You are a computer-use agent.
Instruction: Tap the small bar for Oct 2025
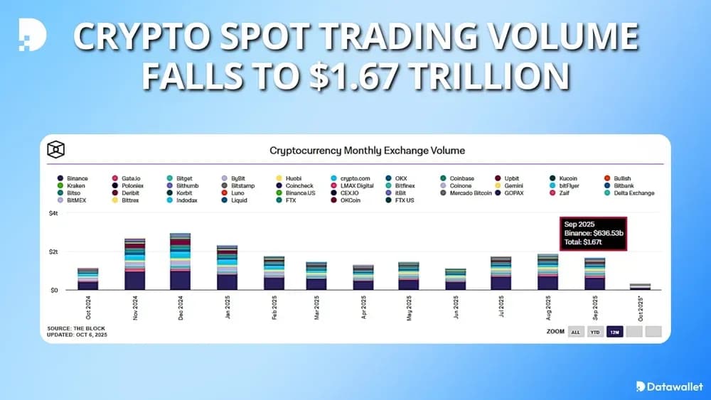pyautogui.click(x=640, y=286)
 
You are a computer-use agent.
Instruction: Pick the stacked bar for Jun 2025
pyautogui.click(x=456, y=279)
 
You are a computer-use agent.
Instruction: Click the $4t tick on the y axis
pyautogui.click(x=54, y=214)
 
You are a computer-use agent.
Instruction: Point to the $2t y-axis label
pyautogui.click(x=54, y=252)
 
